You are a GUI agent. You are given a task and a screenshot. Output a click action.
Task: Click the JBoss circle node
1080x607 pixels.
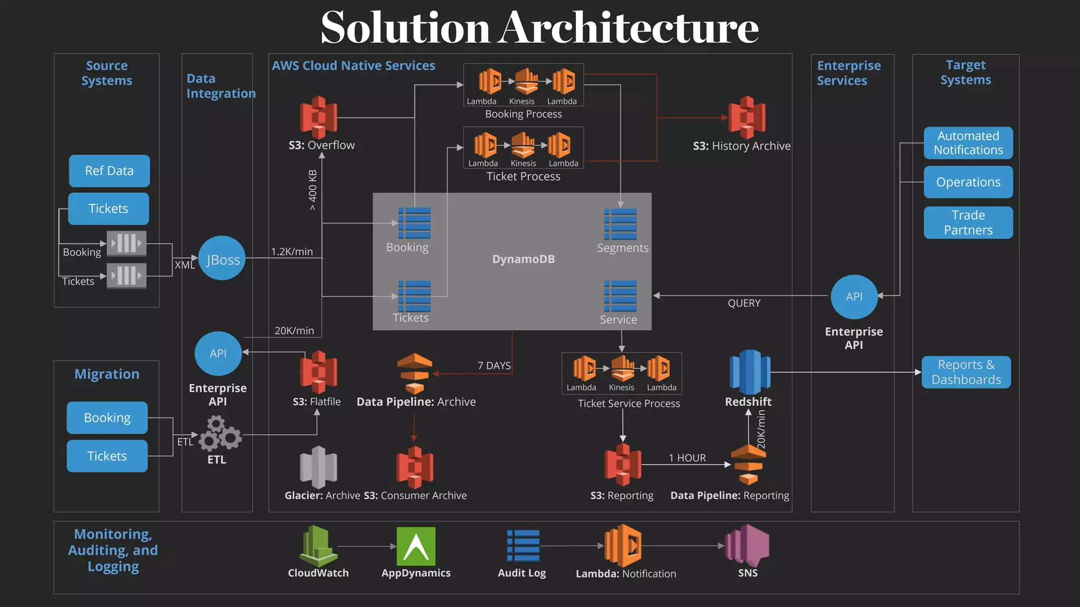click(x=222, y=258)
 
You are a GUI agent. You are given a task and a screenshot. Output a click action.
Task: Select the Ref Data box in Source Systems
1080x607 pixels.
click(x=109, y=171)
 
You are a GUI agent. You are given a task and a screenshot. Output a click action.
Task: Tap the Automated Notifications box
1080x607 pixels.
click(x=968, y=143)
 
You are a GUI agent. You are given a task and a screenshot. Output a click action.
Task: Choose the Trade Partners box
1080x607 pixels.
click(x=968, y=222)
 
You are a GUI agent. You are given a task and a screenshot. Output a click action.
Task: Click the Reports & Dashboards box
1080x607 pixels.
click(x=966, y=372)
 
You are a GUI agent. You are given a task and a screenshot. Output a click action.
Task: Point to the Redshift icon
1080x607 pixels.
click(x=749, y=372)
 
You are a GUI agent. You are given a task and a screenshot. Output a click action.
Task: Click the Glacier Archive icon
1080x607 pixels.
click(x=319, y=467)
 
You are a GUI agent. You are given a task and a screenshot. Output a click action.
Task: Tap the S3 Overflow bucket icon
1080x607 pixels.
click(x=319, y=117)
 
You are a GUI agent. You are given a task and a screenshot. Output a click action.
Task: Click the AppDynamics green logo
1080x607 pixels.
click(x=416, y=546)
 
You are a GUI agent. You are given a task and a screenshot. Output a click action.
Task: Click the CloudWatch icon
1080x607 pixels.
click(x=319, y=546)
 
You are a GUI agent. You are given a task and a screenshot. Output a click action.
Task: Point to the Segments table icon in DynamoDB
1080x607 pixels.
click(x=620, y=224)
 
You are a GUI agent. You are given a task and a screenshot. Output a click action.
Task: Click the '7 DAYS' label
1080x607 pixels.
click(x=494, y=366)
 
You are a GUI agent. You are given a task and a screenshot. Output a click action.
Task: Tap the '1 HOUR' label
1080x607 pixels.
click(x=687, y=458)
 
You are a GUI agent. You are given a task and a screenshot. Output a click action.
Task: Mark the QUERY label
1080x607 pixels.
click(x=744, y=303)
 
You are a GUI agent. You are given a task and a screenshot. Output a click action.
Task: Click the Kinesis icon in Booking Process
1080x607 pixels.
click(x=525, y=82)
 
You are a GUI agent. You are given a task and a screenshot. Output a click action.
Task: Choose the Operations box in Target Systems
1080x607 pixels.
click(x=968, y=182)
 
